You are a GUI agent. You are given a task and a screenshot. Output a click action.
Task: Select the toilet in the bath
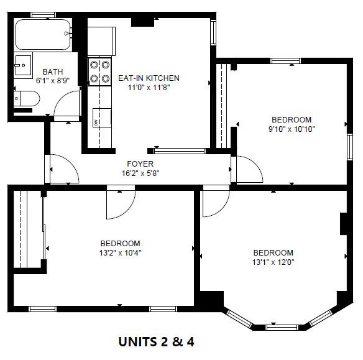[26, 98]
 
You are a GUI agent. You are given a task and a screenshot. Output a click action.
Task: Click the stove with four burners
[99, 71]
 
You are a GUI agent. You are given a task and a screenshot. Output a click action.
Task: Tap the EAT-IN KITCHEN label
[149, 78]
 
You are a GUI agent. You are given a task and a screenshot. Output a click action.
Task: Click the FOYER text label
[140, 164]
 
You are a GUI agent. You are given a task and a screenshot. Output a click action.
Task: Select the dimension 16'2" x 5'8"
[140, 173]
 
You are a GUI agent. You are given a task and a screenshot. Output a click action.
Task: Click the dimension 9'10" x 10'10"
[291, 129]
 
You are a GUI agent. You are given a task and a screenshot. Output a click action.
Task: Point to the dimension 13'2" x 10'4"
[120, 253]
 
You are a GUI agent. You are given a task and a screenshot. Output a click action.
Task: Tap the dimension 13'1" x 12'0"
[273, 262]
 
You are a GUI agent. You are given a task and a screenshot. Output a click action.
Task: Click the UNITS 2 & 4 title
[160, 341]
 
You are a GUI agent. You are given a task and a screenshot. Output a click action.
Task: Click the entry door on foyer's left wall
[61, 169]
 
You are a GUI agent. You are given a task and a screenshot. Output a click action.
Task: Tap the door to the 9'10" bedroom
[247, 169]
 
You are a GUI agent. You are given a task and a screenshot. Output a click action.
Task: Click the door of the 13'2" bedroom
[120, 203]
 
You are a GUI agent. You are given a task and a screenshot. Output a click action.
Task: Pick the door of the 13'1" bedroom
[216, 201]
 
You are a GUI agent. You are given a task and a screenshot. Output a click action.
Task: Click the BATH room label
[52, 72]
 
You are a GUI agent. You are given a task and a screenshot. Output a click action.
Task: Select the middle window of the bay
[282, 327]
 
